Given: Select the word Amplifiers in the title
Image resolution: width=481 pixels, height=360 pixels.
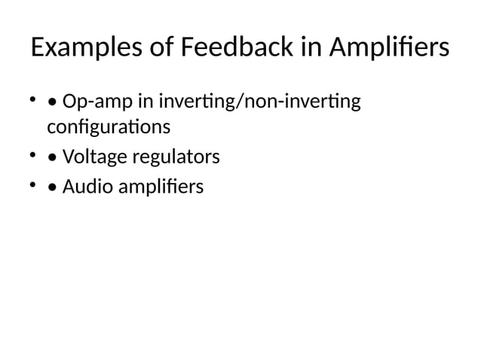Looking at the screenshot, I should point(388,50).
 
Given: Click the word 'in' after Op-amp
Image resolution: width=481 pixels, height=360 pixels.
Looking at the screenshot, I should point(141,100).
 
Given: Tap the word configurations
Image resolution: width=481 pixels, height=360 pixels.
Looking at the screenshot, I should point(109,127).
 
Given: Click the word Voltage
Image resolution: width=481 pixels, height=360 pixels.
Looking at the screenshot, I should point(91,157).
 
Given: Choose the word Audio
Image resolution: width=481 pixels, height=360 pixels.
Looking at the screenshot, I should point(83,186).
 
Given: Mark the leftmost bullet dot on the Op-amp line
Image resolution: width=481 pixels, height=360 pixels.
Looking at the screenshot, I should point(33,98).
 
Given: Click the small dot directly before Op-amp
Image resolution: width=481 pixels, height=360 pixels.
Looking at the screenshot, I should point(51,102).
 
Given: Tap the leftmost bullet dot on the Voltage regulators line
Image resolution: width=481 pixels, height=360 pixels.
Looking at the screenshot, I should point(33,155).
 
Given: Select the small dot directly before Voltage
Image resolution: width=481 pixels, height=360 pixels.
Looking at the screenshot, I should point(51,159).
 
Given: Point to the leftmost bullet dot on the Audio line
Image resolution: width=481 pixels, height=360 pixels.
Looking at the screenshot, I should point(33,184).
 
